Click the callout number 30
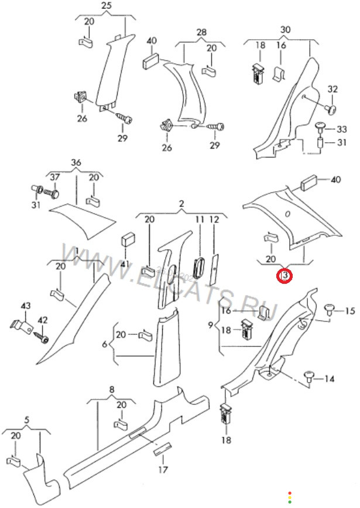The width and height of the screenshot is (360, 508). coord(285,29)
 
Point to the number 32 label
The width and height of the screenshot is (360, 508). coord(332,90)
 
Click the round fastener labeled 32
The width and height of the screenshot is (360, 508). coord(332,108)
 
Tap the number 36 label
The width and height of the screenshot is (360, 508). coord(76,162)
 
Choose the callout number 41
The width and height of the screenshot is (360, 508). coord(125,264)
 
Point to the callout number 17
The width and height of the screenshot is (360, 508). coord(163,469)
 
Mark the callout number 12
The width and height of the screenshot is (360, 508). coord(214,219)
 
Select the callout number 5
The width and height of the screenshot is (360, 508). coord(26,420)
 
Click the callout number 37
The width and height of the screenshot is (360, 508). coord(54,177)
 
